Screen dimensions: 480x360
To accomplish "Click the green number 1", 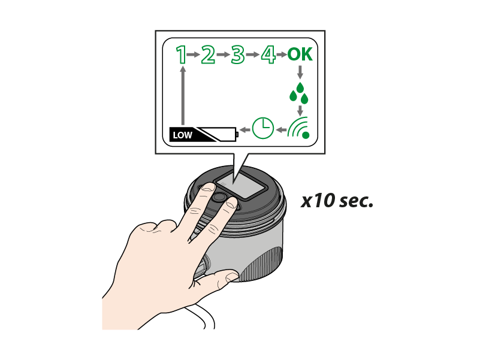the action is pos(182,55).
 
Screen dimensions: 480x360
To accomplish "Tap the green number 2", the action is pos(208,55).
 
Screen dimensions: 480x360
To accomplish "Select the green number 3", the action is pos(237,55).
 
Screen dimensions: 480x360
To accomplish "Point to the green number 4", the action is pos(268,55).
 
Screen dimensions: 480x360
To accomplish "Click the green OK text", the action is pos(300,55).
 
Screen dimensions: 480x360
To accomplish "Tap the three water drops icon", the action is pos(299,93).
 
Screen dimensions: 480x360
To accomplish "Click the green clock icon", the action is pos(263,128).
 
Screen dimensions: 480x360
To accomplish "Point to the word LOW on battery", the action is pos(182,135).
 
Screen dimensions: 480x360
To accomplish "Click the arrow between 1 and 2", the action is pos(193,55).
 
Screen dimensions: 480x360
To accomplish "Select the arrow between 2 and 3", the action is pos(223,55).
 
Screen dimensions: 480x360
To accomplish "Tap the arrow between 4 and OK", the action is pos(282,55).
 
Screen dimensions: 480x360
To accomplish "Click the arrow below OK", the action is pos(300,72).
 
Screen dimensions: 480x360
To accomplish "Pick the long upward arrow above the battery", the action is pos(183,96).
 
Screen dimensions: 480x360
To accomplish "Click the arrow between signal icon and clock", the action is pos(281,130).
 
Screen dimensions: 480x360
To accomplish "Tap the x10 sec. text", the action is pos(337,201).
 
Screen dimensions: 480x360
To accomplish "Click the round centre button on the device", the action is pos(219,198).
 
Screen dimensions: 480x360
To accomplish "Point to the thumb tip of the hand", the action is pos(233,277).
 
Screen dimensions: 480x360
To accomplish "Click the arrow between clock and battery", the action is pos(245,130).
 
